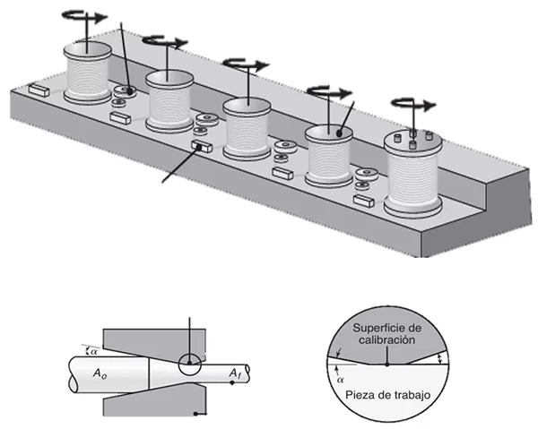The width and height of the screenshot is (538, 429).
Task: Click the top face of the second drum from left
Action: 169,77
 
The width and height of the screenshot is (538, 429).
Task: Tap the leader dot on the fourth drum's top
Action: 339,133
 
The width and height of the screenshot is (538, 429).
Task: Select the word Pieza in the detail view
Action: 352,390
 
